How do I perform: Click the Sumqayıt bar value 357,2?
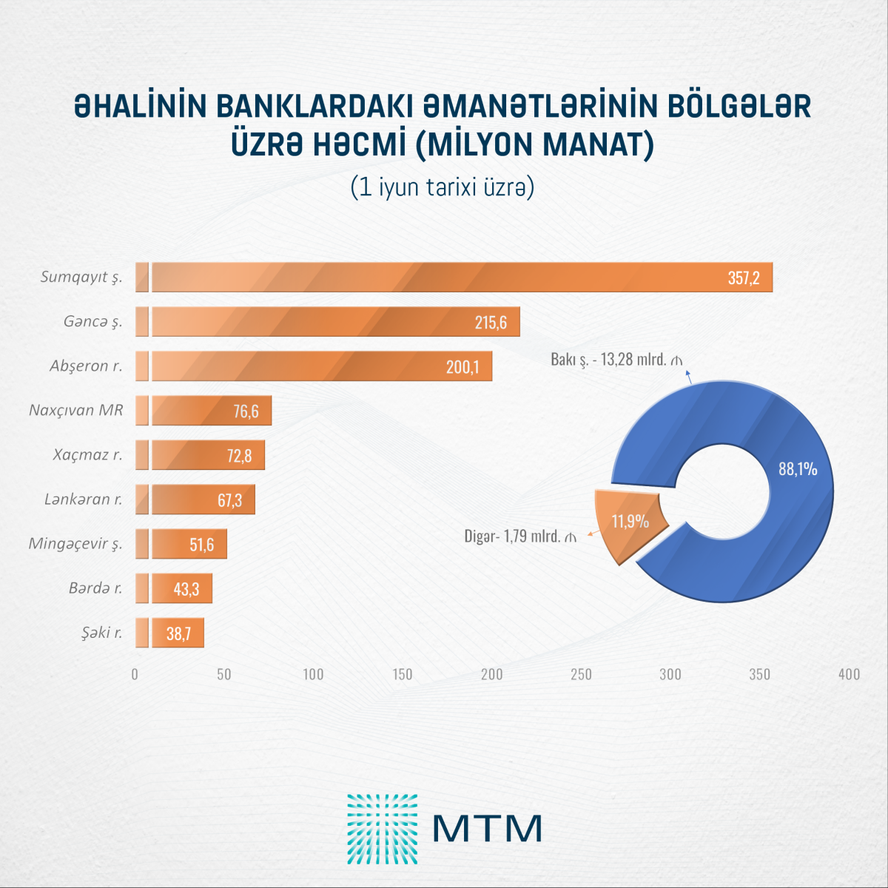[743, 278]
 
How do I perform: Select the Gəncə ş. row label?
[92, 322]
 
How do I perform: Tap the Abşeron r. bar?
[318, 366]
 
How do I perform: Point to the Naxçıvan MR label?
[75, 410]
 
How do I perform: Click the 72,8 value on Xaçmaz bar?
[239, 456]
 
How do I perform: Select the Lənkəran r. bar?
[200, 499]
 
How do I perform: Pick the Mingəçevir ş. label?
[75, 544]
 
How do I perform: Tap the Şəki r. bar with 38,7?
[177, 633]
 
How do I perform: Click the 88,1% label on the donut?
[797, 468]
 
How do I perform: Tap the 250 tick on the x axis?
[581, 674]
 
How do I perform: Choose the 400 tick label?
[849, 674]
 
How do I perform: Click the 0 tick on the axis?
[135, 674]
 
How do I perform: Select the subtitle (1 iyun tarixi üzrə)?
[443, 187]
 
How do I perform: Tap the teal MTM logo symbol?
[382, 829]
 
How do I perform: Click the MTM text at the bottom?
[487, 829]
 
